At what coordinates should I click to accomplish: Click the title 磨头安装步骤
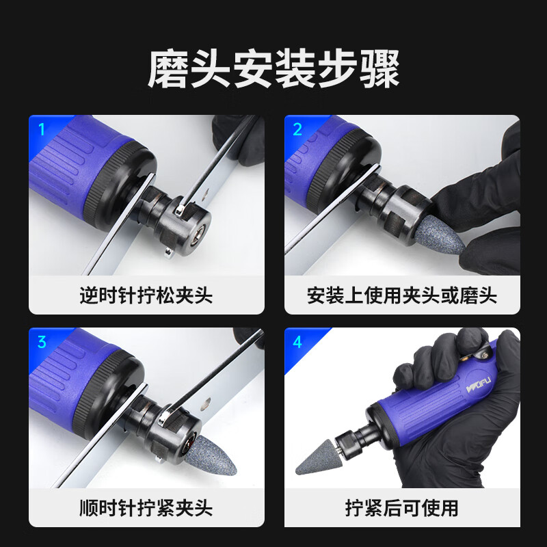point(273,69)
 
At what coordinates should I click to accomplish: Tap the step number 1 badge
point(42,129)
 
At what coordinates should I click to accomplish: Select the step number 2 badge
point(297,129)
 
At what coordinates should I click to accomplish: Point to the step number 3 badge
point(42,342)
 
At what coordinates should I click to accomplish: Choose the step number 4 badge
point(297,342)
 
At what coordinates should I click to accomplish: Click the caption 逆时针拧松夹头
point(146,296)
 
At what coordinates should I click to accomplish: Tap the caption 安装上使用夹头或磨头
point(402,296)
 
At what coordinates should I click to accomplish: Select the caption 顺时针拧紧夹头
point(146,508)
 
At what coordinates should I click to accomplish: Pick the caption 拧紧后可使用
point(402,508)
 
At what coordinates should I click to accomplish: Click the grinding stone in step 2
point(439,235)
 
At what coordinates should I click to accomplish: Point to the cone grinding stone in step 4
point(317,457)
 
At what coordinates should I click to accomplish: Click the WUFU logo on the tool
point(478,384)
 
